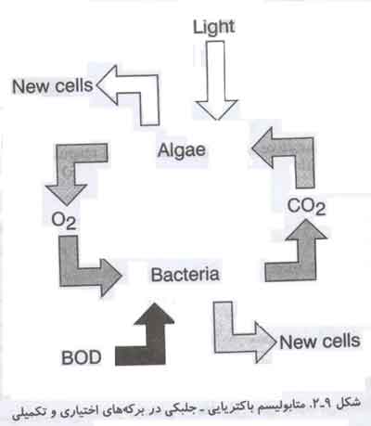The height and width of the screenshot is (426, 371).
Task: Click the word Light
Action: pyautogui.click(x=213, y=28)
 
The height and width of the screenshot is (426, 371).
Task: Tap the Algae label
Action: pyautogui.click(x=182, y=151)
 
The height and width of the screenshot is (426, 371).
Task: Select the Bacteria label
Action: pyautogui.click(x=185, y=275)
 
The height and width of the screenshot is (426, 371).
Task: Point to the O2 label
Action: pyautogui.click(x=64, y=221)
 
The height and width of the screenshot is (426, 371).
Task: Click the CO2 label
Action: pyautogui.click(x=306, y=207)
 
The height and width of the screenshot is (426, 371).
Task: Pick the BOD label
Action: pyautogui.click(x=82, y=357)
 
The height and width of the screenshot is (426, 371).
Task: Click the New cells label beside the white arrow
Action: pyautogui.click(x=52, y=85)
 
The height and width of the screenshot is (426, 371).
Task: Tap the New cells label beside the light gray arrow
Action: pyautogui.click(x=320, y=342)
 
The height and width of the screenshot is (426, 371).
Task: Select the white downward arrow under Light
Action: pyautogui.click(x=216, y=81)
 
